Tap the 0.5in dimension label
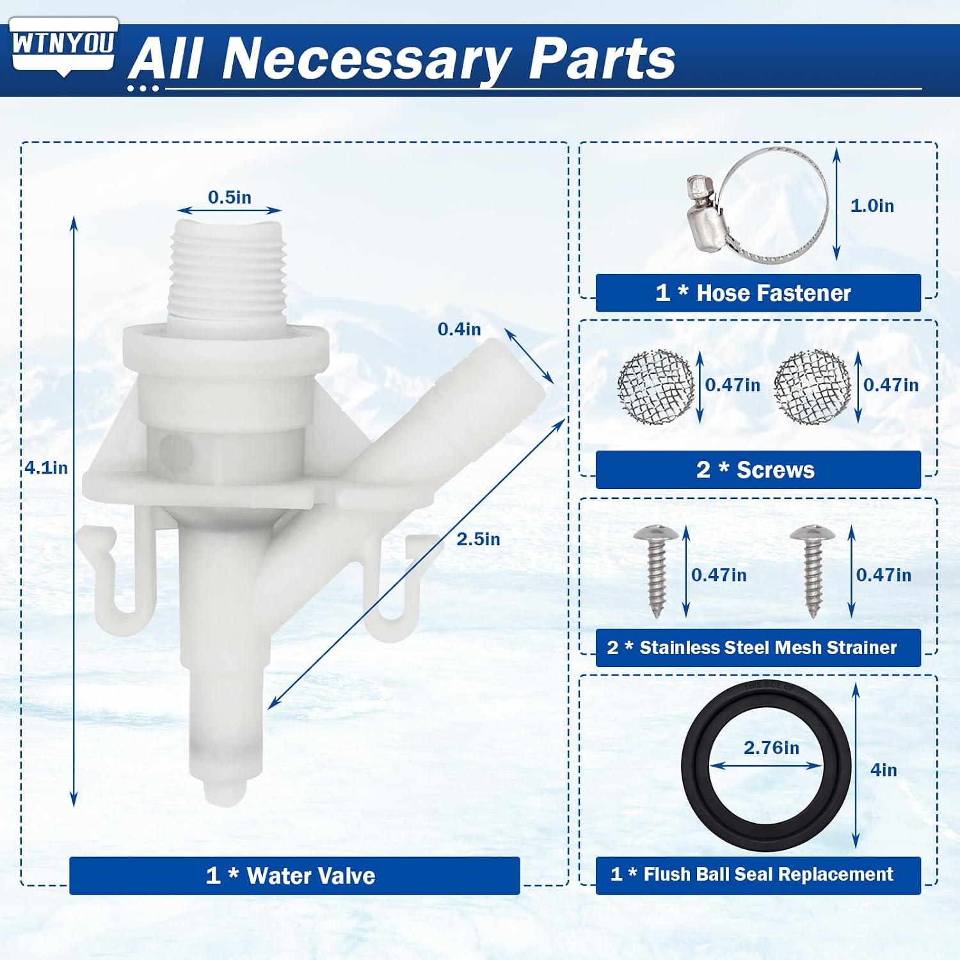coord(229,197)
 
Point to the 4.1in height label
coord(46,468)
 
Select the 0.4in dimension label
coord(459,329)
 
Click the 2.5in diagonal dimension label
coord(478,539)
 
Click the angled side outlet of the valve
coord(448,410)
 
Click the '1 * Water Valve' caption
coord(291,876)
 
